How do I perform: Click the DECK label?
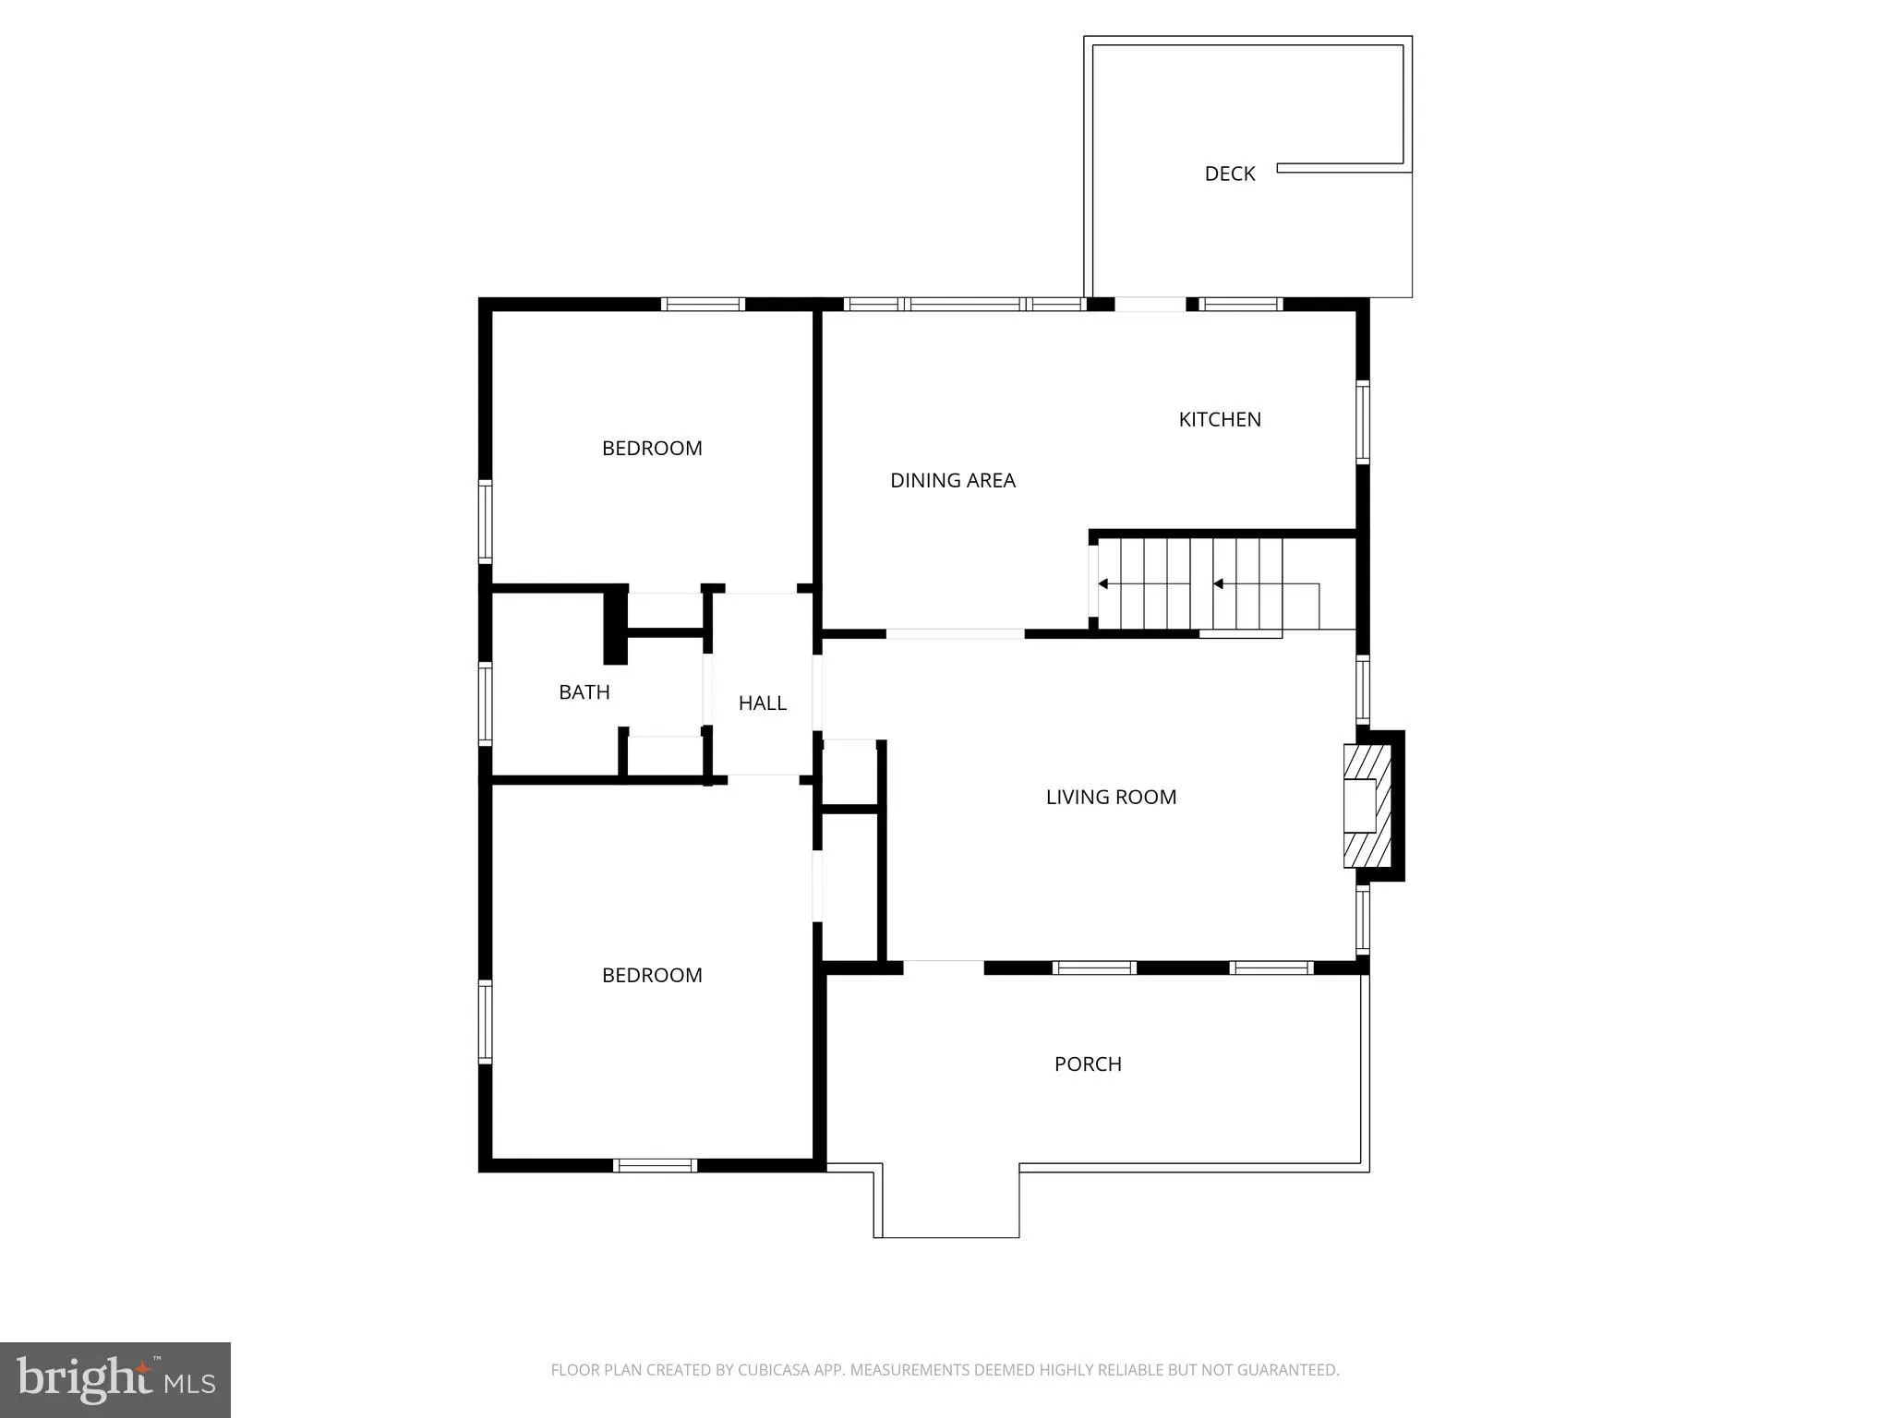click(x=1229, y=174)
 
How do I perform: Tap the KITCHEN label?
click(x=1219, y=419)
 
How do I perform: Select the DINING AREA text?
click(x=952, y=480)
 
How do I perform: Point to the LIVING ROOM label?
click(x=1111, y=797)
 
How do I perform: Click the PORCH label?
click(x=1088, y=1063)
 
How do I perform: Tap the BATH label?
click(x=584, y=691)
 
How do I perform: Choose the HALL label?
click(x=762, y=703)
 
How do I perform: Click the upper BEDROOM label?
click(x=652, y=449)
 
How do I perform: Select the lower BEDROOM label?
click(x=652, y=975)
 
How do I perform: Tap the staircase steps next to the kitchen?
click(x=1191, y=583)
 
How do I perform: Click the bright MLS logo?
click(x=115, y=1380)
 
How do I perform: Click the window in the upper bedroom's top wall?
click(x=703, y=304)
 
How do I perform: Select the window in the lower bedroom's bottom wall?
click(x=655, y=1166)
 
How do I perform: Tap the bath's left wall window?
click(x=485, y=703)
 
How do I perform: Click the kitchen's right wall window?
click(x=1362, y=422)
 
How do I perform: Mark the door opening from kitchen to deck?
click(x=1150, y=304)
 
